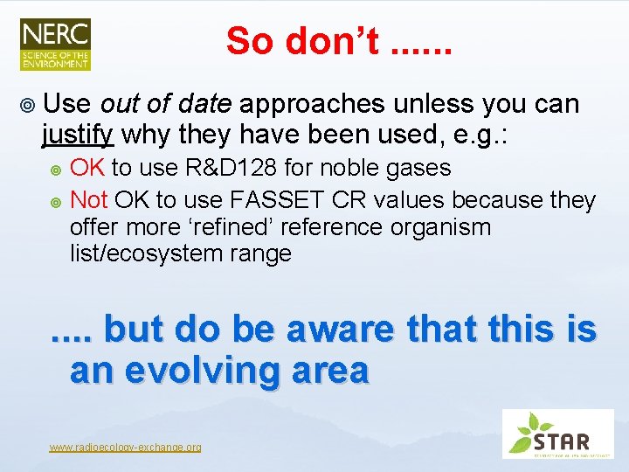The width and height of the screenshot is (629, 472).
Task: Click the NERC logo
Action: tap(55, 44)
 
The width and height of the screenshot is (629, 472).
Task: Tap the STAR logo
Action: tap(559, 434)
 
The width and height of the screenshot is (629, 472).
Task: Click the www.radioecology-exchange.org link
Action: tap(125, 448)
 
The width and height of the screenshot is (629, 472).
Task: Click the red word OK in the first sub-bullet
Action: tap(87, 168)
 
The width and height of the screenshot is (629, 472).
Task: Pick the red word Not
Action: tap(88, 199)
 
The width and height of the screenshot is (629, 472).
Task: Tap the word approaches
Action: tap(312, 104)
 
